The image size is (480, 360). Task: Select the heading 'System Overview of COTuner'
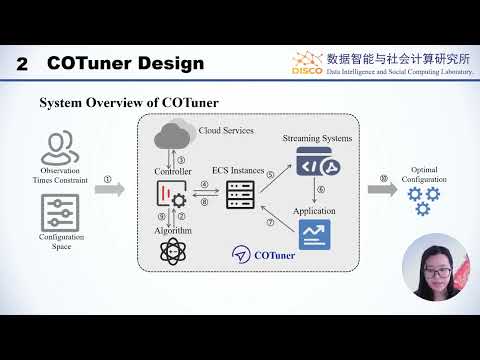128,103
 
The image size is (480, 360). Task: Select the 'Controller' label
172,172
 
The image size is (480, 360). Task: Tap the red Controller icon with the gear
172,195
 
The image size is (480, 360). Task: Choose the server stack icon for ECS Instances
239,197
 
